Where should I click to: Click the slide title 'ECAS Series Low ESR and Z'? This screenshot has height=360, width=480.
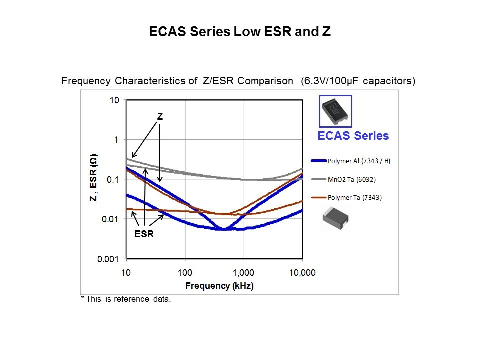pyautogui.click(x=240, y=32)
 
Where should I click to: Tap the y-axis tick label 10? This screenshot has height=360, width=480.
pyautogui.click(x=114, y=100)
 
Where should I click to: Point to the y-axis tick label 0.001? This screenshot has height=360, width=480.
pyautogui.click(x=109, y=259)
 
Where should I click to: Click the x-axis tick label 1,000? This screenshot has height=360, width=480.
pyautogui.click(x=243, y=273)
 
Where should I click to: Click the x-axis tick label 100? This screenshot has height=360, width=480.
pyautogui.click(x=185, y=273)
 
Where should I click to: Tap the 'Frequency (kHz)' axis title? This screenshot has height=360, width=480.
pyautogui.click(x=219, y=286)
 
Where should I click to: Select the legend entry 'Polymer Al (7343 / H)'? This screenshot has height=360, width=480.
pyautogui.click(x=359, y=161)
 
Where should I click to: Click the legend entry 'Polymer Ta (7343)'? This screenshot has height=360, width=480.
pyautogui.click(x=354, y=198)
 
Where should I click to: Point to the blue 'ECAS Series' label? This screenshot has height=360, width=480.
pyautogui.click(x=353, y=136)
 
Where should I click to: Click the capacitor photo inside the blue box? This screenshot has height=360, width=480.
pyautogui.click(x=335, y=111)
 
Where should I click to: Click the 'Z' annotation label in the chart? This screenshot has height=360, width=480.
pyautogui.click(x=160, y=116)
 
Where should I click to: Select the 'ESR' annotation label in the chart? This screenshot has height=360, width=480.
pyautogui.click(x=145, y=234)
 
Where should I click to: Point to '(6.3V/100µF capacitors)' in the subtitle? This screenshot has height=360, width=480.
pyautogui.click(x=358, y=81)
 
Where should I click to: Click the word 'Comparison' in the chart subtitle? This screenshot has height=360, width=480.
pyautogui.click(x=265, y=81)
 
